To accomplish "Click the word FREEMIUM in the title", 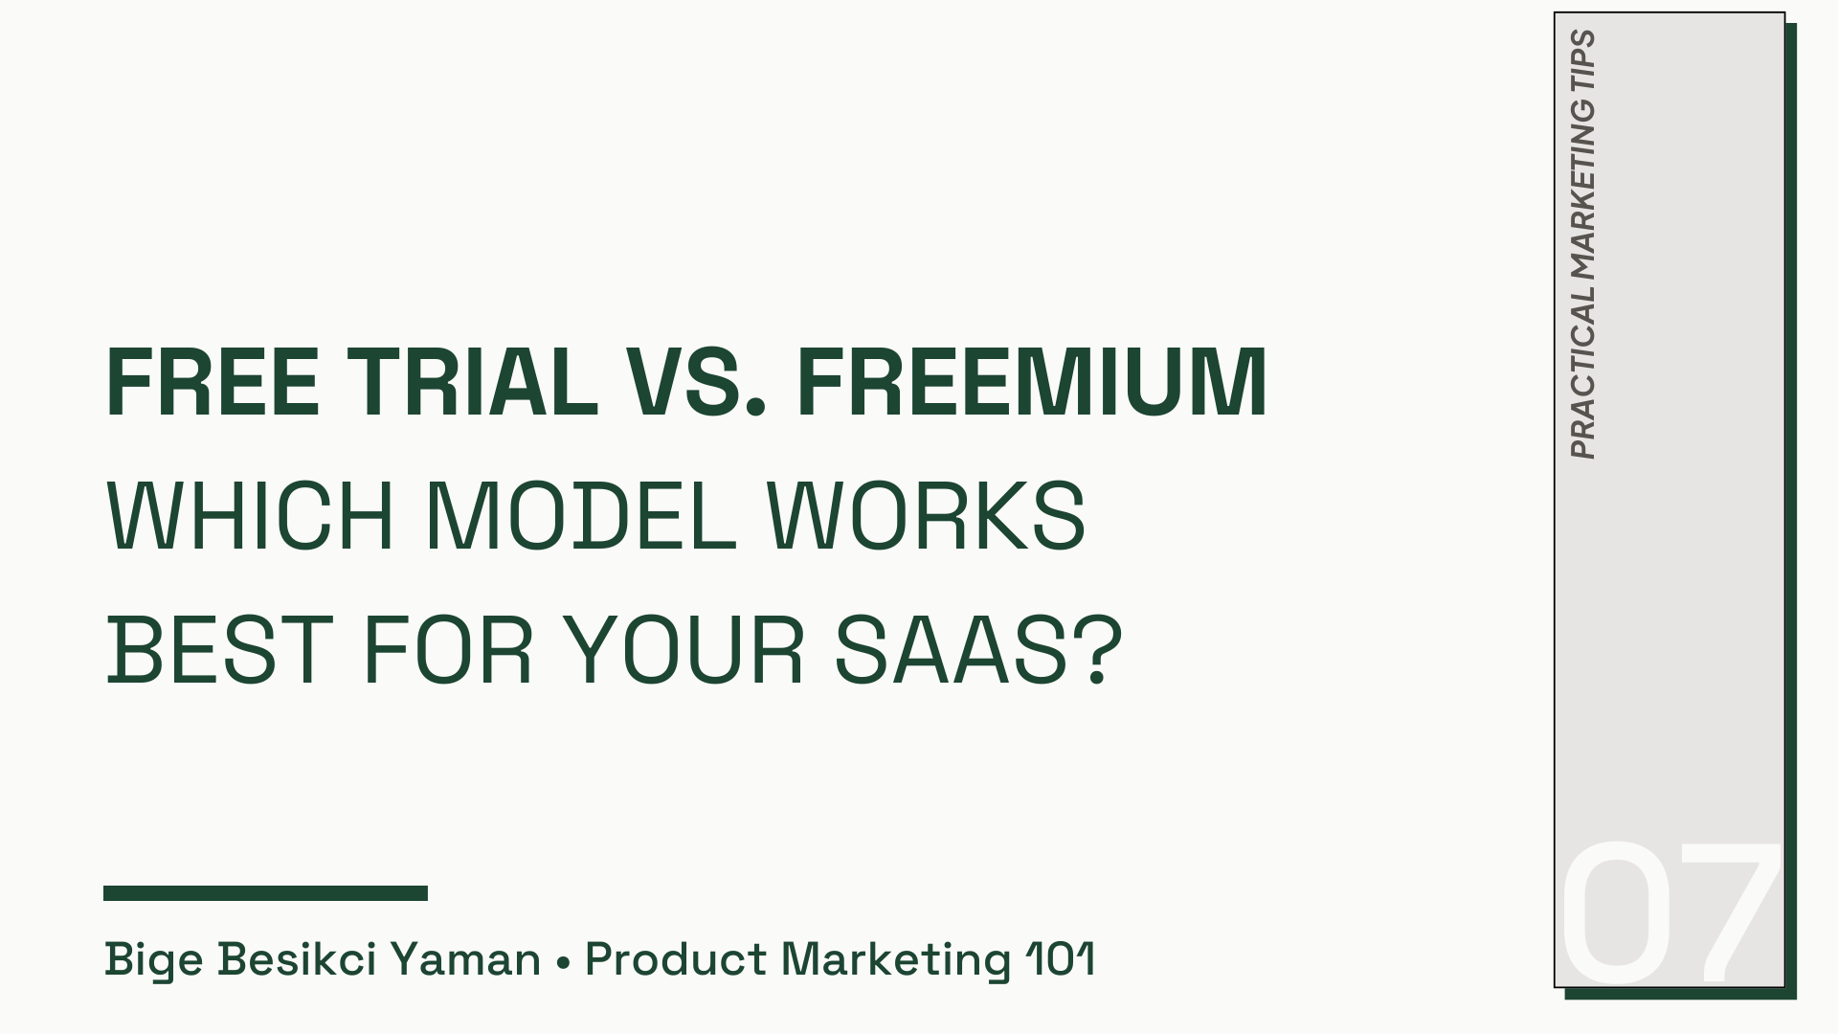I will click(x=1032, y=382).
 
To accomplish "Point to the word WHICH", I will click(x=250, y=516).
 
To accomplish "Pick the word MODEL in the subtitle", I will click(x=580, y=516).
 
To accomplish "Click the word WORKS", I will click(x=927, y=516).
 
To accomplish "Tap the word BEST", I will click(x=219, y=651).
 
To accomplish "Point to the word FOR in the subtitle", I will click(x=447, y=651).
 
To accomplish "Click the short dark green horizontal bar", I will click(x=265, y=893).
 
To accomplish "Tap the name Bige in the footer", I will click(x=153, y=959).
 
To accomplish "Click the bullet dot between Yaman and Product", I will click(x=563, y=960).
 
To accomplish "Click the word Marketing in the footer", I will click(x=896, y=959).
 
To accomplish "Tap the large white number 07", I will click(x=1670, y=913).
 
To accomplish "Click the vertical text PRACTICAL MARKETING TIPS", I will click(x=1583, y=245).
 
